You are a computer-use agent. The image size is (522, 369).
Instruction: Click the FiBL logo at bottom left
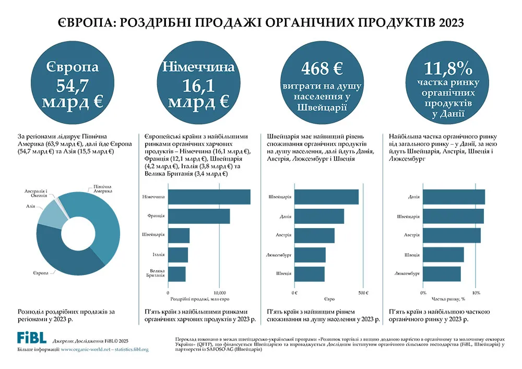(32, 338)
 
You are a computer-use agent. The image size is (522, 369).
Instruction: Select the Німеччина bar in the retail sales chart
(209, 197)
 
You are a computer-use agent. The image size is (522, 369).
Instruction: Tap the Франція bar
(199, 216)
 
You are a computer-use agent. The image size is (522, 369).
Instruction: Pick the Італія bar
(178, 255)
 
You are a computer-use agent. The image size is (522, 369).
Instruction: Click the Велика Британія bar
(177, 274)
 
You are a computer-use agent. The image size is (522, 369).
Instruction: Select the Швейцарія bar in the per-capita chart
(327, 197)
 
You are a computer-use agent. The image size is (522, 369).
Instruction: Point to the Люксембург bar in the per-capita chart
(310, 255)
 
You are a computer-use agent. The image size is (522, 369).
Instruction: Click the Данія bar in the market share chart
(454, 197)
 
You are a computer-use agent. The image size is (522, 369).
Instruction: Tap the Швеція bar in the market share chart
(443, 255)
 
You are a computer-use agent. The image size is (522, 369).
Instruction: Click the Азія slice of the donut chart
(52, 213)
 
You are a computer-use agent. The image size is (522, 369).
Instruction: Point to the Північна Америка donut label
(102, 189)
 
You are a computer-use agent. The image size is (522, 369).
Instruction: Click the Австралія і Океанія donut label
(35, 193)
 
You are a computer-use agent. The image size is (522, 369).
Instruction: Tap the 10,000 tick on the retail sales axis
(219, 293)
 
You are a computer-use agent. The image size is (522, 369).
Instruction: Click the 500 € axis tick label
(363, 293)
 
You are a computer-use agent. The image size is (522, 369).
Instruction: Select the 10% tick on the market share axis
(476, 293)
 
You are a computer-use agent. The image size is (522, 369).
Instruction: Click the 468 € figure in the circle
(322, 68)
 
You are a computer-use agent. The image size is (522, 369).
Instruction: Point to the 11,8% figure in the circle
(448, 69)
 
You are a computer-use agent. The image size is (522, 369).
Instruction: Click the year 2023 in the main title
(451, 22)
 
